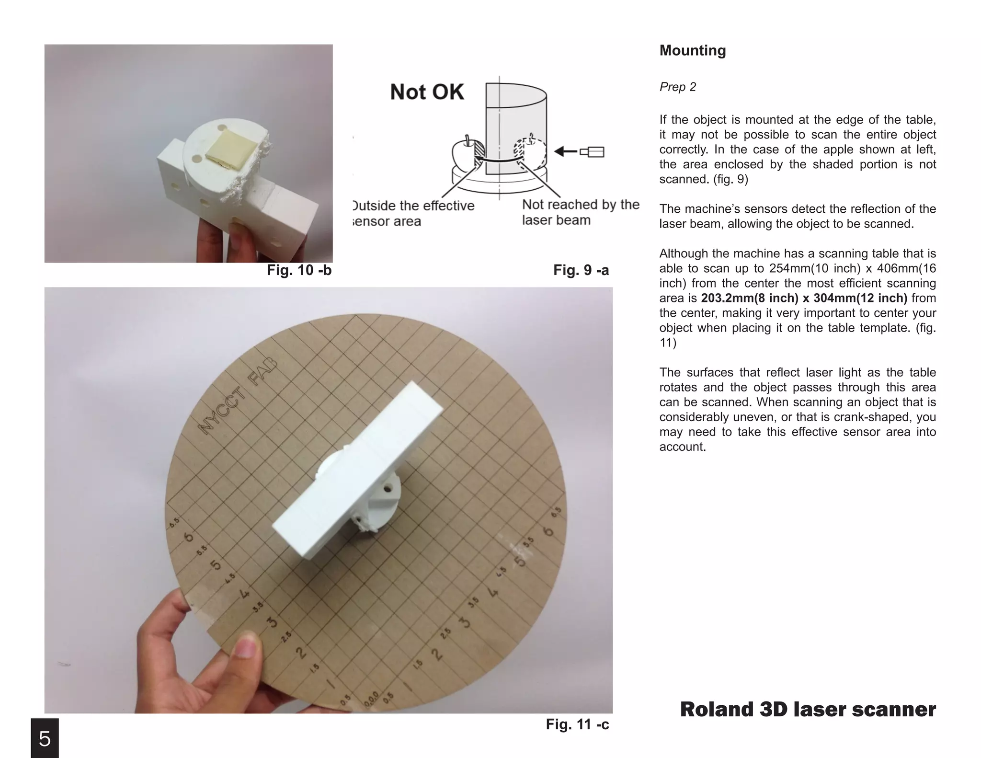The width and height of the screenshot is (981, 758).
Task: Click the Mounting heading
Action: [692, 50]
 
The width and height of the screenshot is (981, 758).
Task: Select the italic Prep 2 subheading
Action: [677, 87]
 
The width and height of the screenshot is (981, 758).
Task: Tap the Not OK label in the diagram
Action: [426, 92]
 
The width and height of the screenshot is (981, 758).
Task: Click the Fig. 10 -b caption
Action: [299, 270]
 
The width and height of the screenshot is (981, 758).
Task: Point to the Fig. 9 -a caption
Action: [581, 270]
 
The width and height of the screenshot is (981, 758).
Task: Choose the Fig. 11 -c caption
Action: [577, 724]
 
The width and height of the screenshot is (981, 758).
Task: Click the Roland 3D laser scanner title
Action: [808, 709]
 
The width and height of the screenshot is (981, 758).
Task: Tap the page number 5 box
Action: [45, 738]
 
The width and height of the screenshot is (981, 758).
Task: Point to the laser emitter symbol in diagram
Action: [593, 152]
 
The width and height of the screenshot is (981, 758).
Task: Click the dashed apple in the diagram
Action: [530, 152]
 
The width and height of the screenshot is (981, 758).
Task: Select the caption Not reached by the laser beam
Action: [580, 212]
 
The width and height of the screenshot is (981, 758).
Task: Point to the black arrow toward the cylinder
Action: [566, 152]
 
